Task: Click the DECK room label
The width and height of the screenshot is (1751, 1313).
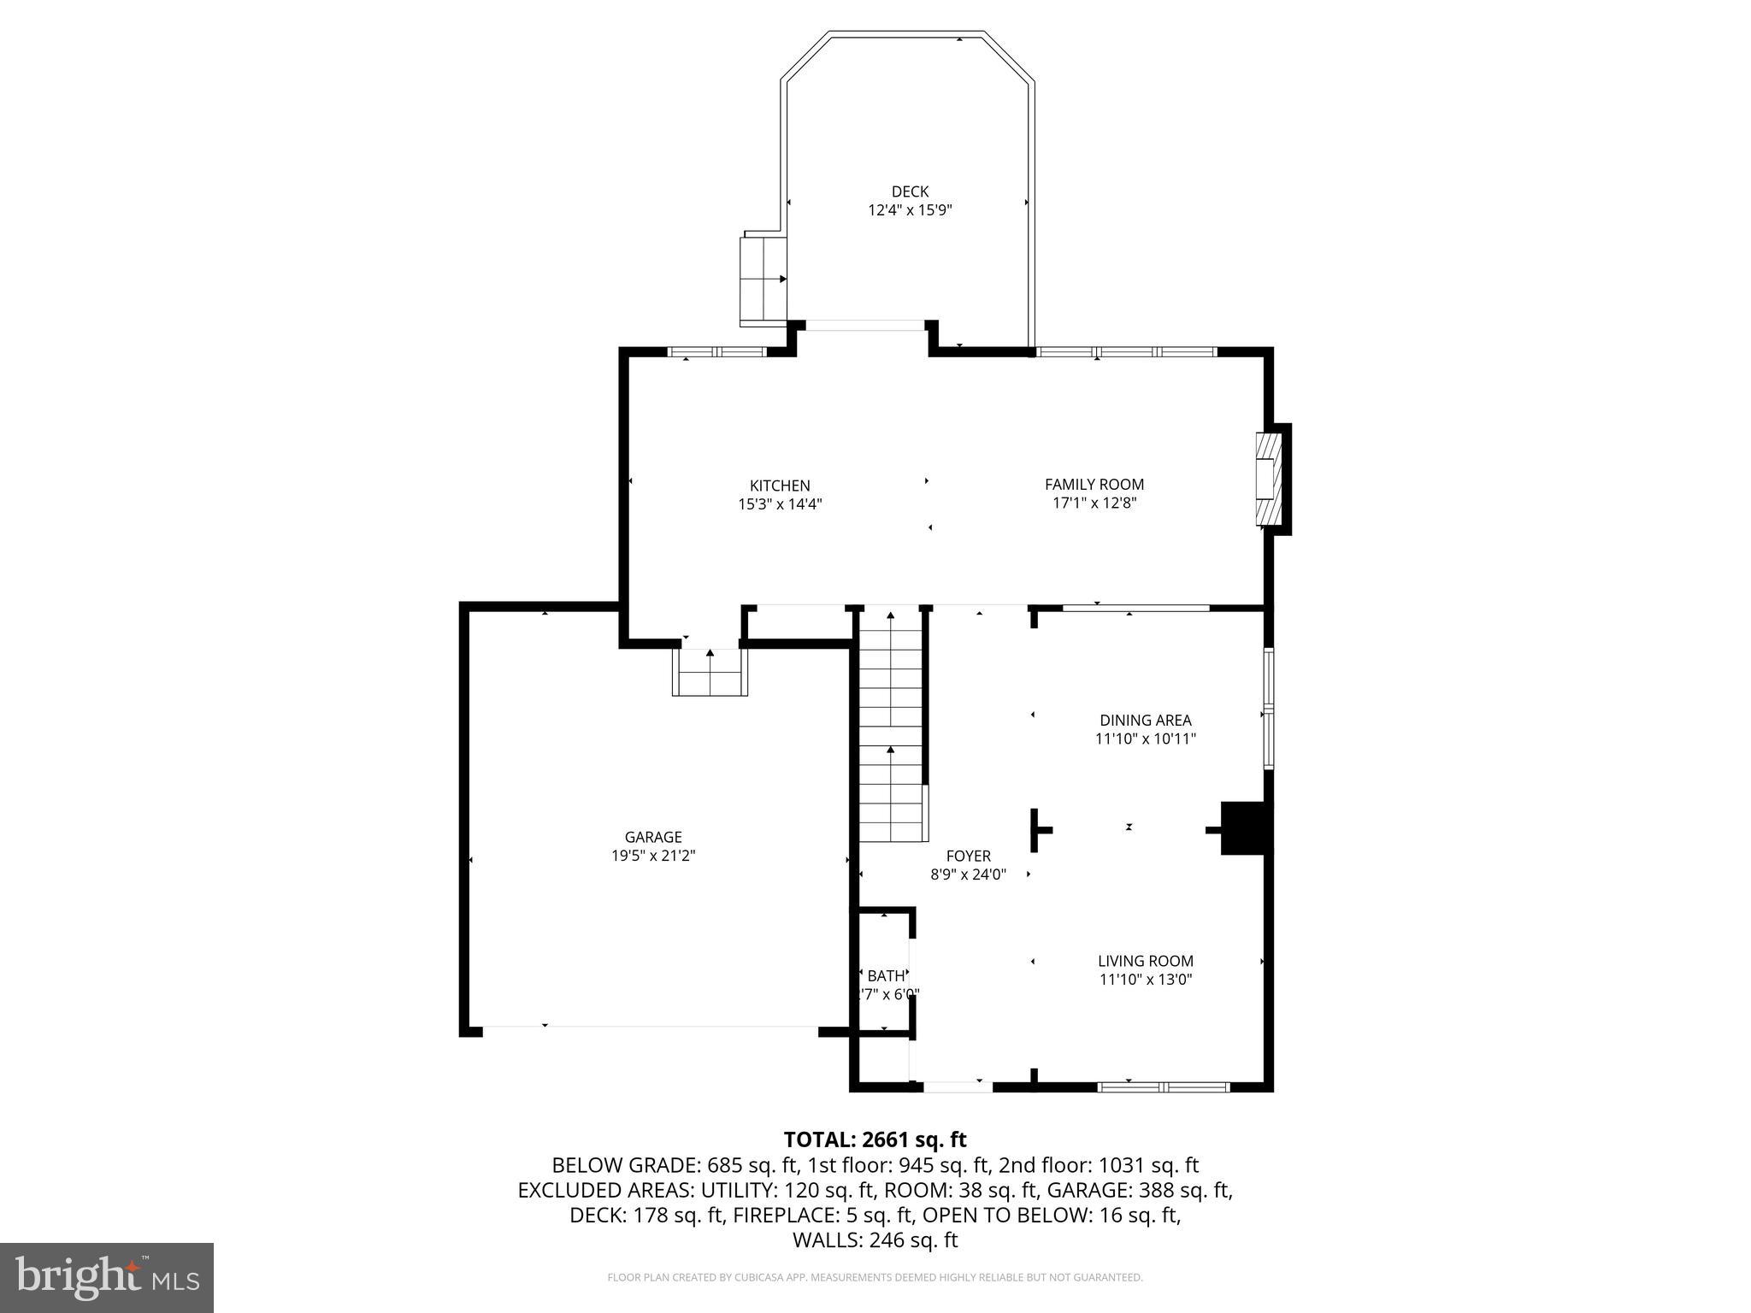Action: (909, 191)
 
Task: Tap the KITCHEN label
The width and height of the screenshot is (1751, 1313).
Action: (780, 486)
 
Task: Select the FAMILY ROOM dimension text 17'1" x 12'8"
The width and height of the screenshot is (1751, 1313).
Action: (1094, 503)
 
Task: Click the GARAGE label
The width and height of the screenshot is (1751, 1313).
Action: (653, 837)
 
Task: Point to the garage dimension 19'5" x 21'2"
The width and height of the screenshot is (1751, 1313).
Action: (653, 856)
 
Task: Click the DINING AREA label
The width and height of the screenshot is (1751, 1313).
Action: (1145, 720)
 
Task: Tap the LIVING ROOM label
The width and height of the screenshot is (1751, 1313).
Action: (1145, 961)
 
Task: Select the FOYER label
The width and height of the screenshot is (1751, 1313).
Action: (968, 856)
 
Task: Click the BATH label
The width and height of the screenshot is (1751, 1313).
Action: (885, 975)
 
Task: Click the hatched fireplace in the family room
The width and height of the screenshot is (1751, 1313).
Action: (1269, 479)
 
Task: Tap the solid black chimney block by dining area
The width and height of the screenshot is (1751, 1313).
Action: (1246, 827)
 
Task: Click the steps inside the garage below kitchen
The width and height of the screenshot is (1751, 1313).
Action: (710, 673)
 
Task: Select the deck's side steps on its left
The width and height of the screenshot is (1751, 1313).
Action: (763, 280)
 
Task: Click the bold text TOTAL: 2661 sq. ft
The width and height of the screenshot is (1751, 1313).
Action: (875, 1139)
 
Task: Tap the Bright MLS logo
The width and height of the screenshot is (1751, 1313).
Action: (107, 1277)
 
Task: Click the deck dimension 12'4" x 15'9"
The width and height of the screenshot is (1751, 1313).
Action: (909, 210)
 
